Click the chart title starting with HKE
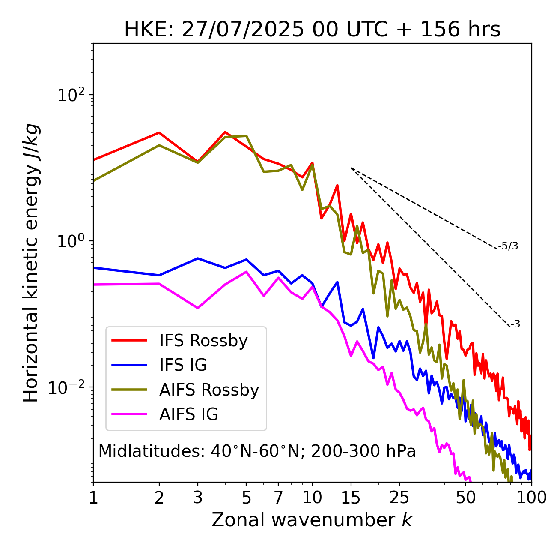tap(312, 30)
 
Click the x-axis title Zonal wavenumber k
tap(312, 520)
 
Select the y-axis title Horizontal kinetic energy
tap(31, 263)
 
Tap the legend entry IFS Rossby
tap(203, 341)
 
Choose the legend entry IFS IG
tap(183, 365)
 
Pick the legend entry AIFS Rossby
tap(209, 390)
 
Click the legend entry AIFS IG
tap(189, 414)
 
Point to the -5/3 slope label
tap(508, 246)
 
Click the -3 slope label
tap(515, 324)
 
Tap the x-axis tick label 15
tap(351, 498)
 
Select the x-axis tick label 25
tap(399, 498)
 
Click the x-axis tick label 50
tap(466, 498)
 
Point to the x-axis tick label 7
tap(278, 498)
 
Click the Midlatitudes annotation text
tap(257, 451)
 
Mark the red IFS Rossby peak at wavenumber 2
tap(159, 132)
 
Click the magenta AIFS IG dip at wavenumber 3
tap(198, 308)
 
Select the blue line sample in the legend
tap(129, 365)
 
